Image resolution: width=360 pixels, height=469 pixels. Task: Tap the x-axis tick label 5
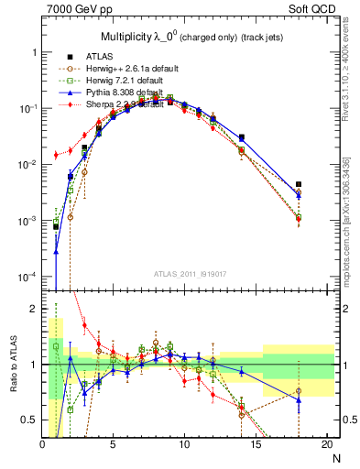point(113,445)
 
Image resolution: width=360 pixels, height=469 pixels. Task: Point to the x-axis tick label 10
point(184,445)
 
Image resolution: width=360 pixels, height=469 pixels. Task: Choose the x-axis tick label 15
point(256,445)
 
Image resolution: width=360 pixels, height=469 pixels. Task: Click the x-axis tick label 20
point(327,445)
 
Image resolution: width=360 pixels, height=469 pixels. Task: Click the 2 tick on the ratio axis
point(34,309)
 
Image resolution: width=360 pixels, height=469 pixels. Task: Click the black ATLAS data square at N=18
point(299,184)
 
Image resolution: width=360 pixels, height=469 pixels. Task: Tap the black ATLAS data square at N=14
point(242,137)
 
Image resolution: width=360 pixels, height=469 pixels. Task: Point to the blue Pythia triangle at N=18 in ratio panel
point(299,399)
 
